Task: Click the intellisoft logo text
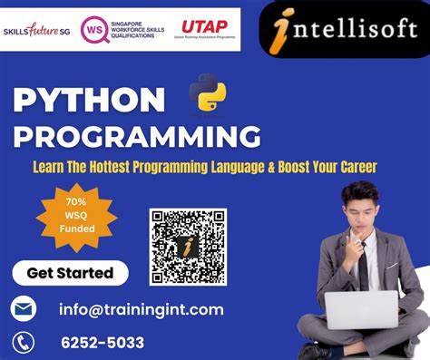(x=350, y=29)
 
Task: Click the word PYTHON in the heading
(x=89, y=101)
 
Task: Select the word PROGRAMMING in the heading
(x=136, y=138)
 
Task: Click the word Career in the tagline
(x=354, y=167)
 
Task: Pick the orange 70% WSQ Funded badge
(x=76, y=218)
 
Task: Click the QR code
(x=188, y=246)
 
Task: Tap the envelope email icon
(x=24, y=309)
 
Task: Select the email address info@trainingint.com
(x=141, y=309)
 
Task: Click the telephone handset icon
(x=24, y=342)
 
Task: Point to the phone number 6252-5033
(x=102, y=342)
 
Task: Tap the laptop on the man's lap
(x=361, y=310)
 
